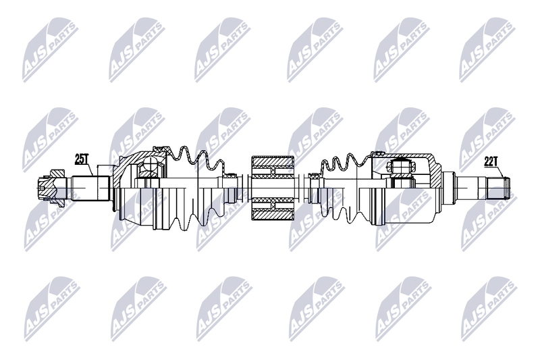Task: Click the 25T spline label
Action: (x=82, y=159)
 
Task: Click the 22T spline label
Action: (x=491, y=161)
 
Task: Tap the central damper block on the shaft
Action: (x=273, y=188)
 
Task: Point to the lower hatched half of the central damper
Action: (x=273, y=209)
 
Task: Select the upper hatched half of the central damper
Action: (x=273, y=166)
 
